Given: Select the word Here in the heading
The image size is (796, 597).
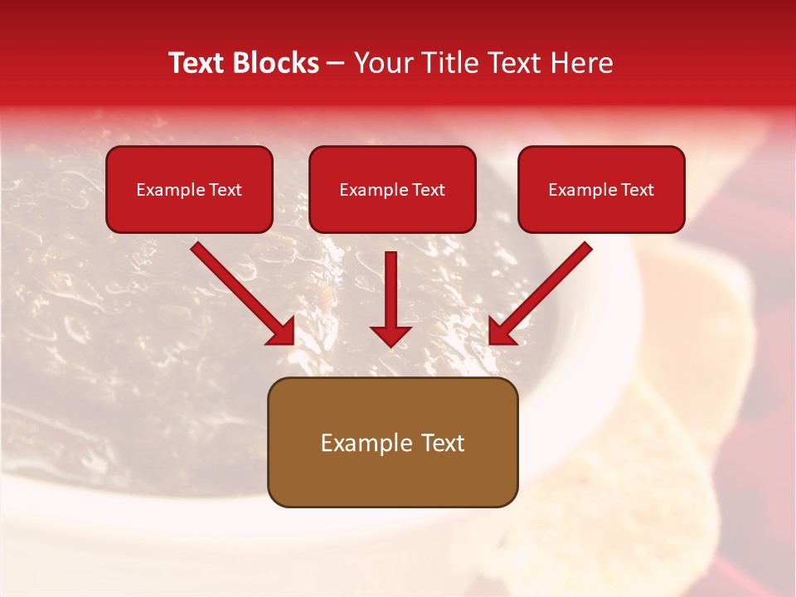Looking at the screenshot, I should pyautogui.click(x=584, y=63).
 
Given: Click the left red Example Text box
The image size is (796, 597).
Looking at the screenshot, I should pyautogui.click(x=189, y=189).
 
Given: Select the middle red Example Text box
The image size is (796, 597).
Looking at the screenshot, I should pyautogui.click(x=392, y=189).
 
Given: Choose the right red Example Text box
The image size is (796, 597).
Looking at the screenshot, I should pyautogui.click(x=601, y=189).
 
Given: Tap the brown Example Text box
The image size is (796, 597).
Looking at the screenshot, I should pyautogui.click(x=392, y=442).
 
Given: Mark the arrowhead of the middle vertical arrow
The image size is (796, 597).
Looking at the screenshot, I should pyautogui.click(x=391, y=335).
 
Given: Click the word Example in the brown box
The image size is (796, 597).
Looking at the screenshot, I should pyautogui.click(x=360, y=443).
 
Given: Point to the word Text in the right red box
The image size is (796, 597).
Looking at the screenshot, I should pyautogui.click(x=637, y=190).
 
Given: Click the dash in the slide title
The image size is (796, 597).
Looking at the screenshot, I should pyautogui.click(x=336, y=64).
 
